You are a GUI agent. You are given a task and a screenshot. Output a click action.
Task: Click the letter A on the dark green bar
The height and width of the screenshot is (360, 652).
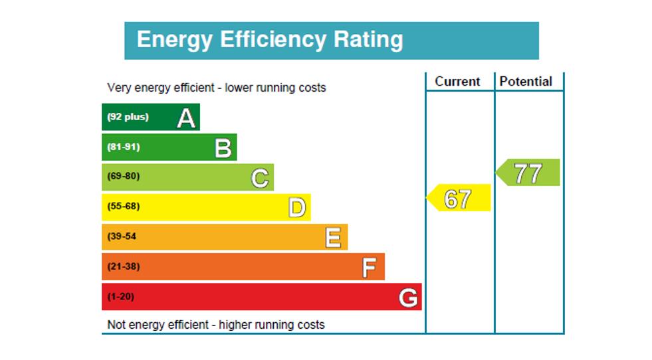coord(187,118)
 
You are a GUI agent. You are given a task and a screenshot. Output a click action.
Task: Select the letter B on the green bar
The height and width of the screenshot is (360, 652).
coord(223,148)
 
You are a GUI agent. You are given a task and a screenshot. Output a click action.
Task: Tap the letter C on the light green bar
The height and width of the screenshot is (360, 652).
coord(260,178)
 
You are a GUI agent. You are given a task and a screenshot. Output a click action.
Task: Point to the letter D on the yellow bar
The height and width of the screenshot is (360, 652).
coord(297,208)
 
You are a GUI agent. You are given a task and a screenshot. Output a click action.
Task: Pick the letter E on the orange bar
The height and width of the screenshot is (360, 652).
coord(333,237)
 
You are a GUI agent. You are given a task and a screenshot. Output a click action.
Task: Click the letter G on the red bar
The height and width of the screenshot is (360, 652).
coord(408,298)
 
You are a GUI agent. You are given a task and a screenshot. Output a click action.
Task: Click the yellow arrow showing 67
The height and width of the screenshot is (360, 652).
coord(458,199)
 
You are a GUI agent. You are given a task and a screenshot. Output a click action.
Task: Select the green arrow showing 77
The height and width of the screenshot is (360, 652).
coord(528,173)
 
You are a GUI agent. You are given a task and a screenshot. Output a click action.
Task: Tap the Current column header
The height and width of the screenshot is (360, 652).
coord(457,82)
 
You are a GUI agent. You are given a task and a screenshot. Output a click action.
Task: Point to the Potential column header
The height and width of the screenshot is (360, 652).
coord(526,82)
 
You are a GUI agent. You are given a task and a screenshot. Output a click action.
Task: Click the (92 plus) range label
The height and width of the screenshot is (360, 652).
coord(128,117)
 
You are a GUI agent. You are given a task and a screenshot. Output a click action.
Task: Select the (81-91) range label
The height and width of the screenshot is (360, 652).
coord(124,147)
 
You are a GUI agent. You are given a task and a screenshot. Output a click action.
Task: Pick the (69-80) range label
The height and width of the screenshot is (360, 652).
coord(124,177)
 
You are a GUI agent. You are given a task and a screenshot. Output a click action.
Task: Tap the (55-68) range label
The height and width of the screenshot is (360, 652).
coord(124,206)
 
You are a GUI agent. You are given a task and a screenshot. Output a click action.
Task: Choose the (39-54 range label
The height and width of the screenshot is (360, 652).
coord(122,236)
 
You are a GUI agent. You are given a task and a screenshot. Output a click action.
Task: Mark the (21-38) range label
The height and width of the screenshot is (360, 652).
coord(124,266)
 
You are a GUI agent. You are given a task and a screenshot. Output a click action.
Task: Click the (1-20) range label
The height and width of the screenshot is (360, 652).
coord(120,296)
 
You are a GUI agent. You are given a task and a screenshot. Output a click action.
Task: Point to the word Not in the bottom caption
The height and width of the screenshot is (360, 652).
coord(116,325)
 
